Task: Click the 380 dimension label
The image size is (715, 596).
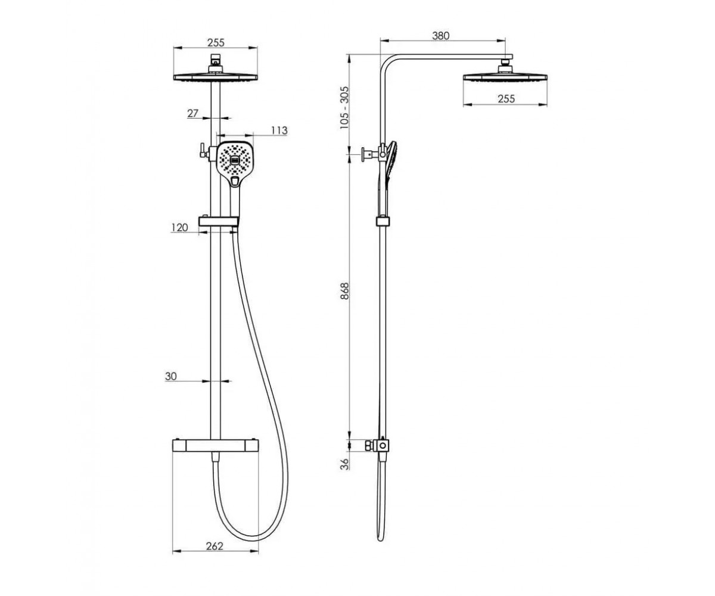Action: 440,36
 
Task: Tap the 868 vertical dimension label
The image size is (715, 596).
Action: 344,291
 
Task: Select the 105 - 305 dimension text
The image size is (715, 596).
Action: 344,107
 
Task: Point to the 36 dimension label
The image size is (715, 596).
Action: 345,464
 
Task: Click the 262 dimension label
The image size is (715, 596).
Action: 214,546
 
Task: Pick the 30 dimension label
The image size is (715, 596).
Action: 171,376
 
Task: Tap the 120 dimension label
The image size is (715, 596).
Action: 179,228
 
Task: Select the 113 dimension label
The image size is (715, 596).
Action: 279,131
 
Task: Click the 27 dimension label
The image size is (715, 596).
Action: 193,113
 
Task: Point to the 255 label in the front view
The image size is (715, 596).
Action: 216,42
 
